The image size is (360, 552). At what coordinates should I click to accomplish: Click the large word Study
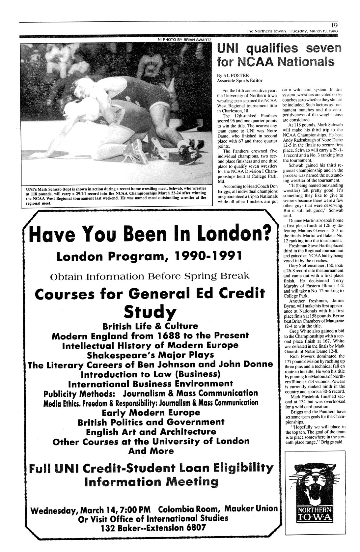[150, 310]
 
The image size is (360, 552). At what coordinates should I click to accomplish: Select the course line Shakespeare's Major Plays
[150, 355]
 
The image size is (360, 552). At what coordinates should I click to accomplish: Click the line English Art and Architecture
[151, 432]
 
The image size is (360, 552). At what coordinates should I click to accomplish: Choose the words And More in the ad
[151, 451]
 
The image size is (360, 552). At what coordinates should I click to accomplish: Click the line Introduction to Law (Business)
[150, 374]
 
